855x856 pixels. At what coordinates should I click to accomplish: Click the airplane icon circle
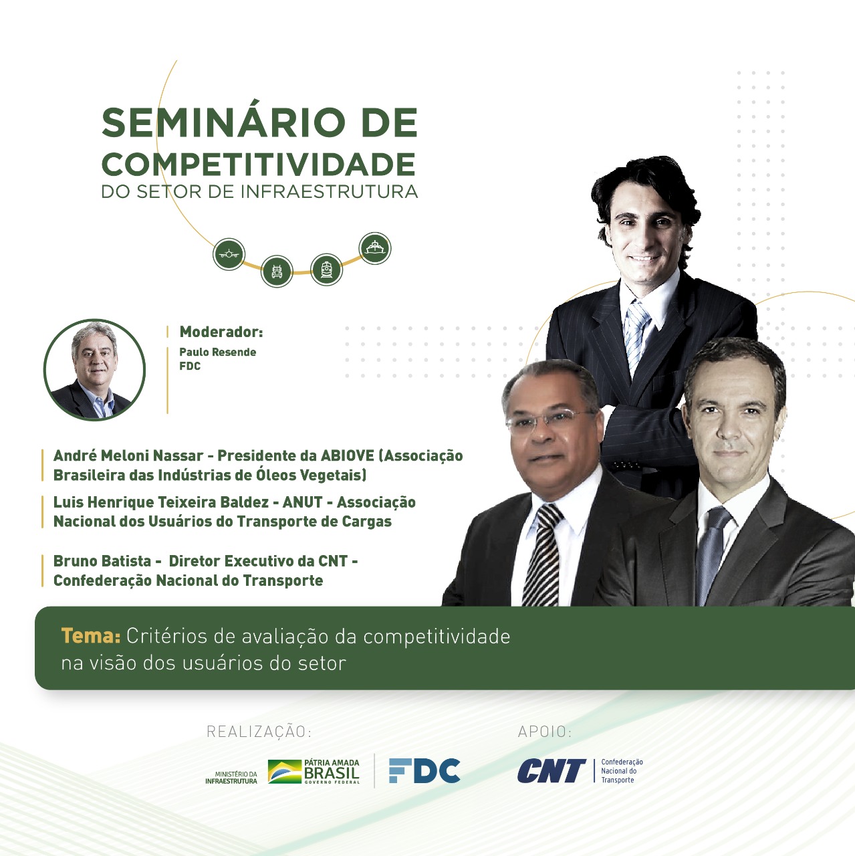pos(229,254)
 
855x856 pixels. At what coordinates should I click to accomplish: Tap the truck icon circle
pos(277,271)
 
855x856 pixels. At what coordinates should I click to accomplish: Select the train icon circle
pos(326,270)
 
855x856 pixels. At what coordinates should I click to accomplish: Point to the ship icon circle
pos(375,248)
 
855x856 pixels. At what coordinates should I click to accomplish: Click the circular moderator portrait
pos(95,370)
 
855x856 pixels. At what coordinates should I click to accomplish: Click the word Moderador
pos(221,332)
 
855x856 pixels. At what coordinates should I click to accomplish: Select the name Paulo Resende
pos(218,352)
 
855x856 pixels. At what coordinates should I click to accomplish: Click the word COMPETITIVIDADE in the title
pos(259,165)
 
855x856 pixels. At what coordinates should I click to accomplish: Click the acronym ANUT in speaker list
pos(302,502)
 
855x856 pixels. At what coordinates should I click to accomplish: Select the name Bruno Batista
pos(102,561)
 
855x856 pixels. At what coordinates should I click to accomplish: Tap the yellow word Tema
pos(91,636)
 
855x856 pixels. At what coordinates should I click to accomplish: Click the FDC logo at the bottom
pos(424,770)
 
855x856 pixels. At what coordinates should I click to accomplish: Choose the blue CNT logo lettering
pos(552,770)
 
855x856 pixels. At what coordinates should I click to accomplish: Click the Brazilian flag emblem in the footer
pos(285,772)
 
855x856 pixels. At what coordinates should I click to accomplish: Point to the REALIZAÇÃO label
pos(259,732)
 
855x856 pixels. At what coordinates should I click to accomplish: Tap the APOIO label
pos(545,732)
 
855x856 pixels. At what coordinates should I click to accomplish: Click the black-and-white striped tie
pos(543,555)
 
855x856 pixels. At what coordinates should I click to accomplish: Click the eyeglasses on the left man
pos(550,420)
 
